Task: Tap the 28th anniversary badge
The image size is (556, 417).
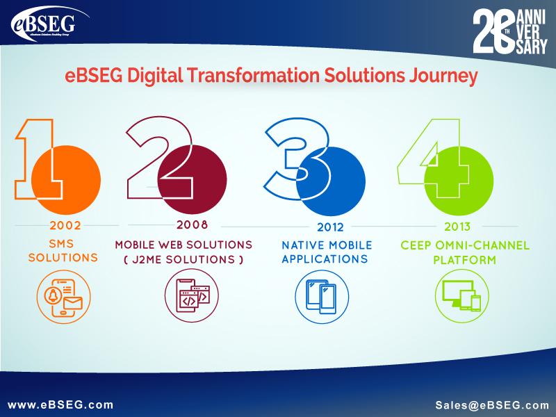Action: point(510,31)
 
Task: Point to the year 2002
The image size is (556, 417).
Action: point(65,225)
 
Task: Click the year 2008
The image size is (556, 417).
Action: point(193,224)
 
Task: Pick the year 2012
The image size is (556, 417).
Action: point(330,227)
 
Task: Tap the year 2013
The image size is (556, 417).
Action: point(457,227)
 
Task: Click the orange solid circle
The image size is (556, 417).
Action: point(66,180)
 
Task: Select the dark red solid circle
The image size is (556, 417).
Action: point(193,179)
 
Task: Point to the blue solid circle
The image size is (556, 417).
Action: point(331,181)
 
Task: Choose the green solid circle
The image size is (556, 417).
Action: point(459,181)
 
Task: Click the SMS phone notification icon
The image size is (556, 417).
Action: point(63,297)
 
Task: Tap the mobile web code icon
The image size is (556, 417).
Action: point(192,296)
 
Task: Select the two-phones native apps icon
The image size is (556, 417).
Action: point(322,297)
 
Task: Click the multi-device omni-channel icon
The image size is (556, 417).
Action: point(461,296)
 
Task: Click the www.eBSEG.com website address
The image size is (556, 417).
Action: point(60,405)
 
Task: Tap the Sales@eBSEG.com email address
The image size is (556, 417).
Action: point(492,405)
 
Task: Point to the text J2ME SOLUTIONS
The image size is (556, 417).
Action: point(183,259)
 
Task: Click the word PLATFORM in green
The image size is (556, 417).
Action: point(464,260)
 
